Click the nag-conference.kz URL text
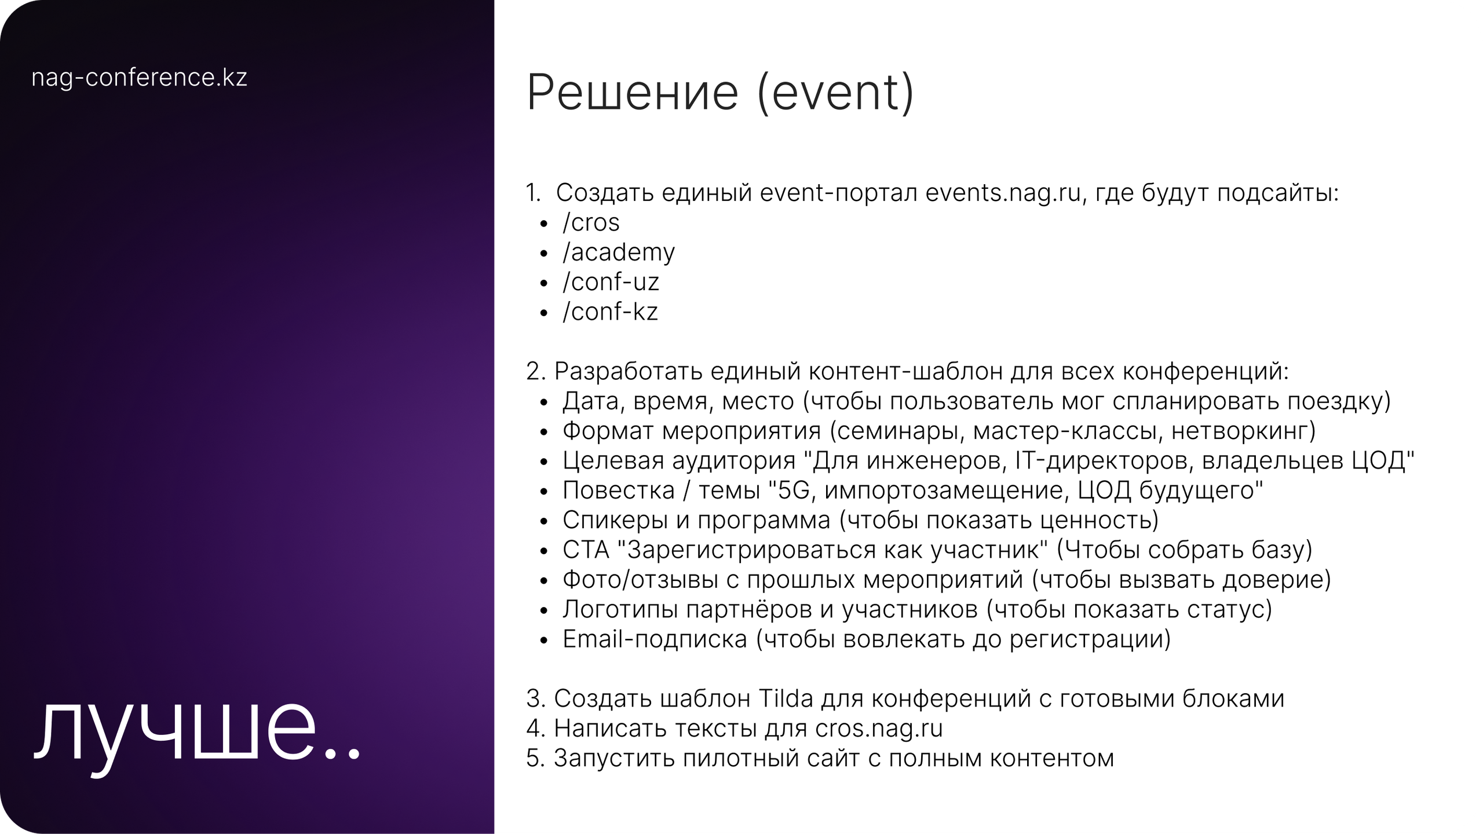tap(139, 78)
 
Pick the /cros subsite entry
tap(591, 223)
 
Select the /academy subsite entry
tap(618, 253)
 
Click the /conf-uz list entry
tap(611, 282)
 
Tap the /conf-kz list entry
tap(610, 312)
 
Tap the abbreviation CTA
tap(586, 550)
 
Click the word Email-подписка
tap(655, 639)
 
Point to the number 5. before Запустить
tap(535, 758)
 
